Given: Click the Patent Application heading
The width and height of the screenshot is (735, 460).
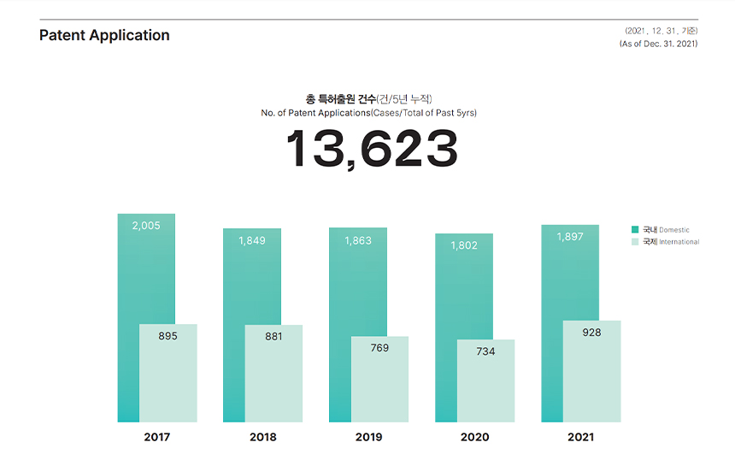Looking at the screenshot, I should tap(104, 35).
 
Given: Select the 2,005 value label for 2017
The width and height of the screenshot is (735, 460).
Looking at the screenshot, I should tap(146, 226).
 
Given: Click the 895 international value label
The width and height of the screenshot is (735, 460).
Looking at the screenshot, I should tap(168, 336).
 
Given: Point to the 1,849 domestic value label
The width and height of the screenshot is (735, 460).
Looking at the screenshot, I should tap(251, 240).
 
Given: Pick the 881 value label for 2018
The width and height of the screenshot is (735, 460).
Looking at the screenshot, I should tap(273, 336).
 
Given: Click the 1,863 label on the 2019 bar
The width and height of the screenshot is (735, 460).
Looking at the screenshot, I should tap(358, 240).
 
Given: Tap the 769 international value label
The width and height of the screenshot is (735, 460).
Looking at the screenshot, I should tap(379, 348).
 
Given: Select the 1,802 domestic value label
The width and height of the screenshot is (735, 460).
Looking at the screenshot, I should tap(464, 245).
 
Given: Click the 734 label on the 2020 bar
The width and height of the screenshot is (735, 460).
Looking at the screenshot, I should tap(485, 351).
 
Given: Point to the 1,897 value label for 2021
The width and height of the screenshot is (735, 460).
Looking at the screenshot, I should tap(570, 236).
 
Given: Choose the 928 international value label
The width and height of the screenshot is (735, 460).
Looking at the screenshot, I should tap(591, 333).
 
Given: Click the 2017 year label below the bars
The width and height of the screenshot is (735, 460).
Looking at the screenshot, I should tap(157, 437).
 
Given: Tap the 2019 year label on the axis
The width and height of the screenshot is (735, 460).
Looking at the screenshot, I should tap(368, 437).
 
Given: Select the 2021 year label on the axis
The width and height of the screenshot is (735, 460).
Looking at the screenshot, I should tap(580, 437).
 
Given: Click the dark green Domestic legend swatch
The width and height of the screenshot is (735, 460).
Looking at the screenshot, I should tap(635, 229).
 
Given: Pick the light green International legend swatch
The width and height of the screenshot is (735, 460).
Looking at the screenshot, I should tap(635, 242).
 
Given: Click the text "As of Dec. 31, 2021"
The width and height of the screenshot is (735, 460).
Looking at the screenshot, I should tap(658, 44).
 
